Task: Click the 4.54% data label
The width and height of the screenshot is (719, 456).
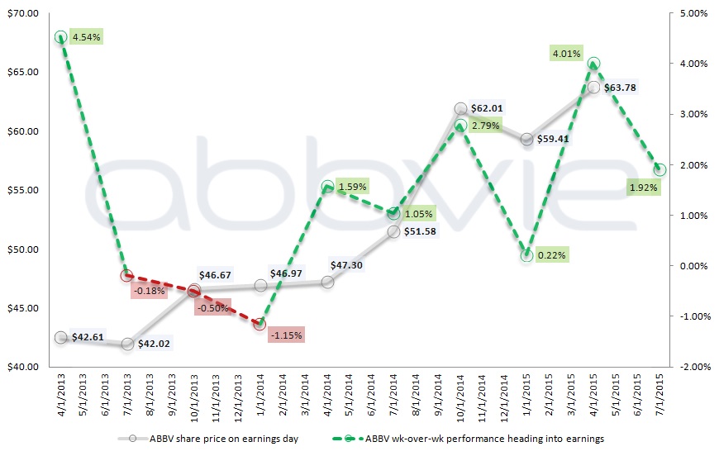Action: pyautogui.click(x=85, y=37)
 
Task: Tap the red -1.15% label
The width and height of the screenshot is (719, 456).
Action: pyautogui.click(x=286, y=335)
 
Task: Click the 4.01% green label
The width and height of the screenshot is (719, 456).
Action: pyautogui.click(x=567, y=54)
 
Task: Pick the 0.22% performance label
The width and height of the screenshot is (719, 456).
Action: pyautogui.click(x=550, y=255)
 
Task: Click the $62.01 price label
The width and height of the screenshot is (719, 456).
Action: pyautogui.click(x=487, y=107)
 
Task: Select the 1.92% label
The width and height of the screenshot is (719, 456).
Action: pyautogui.click(x=642, y=187)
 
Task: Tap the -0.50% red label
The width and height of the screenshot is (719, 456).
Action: pyautogui.click(x=212, y=307)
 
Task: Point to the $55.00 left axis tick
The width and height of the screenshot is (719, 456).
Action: pyautogui.click(x=21, y=190)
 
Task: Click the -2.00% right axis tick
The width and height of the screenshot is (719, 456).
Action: pyautogui.click(x=693, y=366)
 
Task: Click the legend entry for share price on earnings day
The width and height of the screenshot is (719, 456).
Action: pyautogui.click(x=207, y=438)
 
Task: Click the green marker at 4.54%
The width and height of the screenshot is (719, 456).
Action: pyautogui.click(x=60, y=37)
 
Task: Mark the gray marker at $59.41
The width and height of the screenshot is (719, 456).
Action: pyautogui.click(x=526, y=140)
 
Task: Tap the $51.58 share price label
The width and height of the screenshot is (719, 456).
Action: pyautogui.click(x=421, y=231)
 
